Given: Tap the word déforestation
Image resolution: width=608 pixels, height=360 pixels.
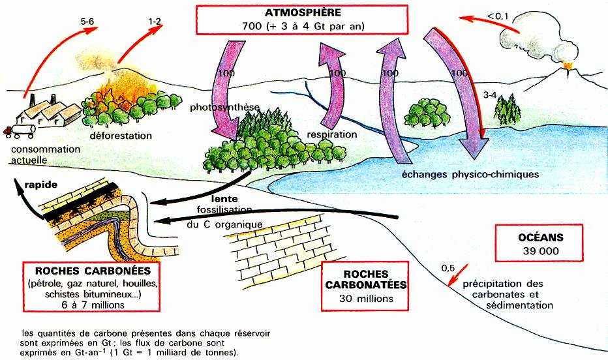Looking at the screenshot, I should coord(121,136).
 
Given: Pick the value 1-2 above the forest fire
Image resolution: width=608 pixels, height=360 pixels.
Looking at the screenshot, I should coord(155,22).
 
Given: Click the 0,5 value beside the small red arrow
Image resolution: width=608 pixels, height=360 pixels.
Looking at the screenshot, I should coord(448,268).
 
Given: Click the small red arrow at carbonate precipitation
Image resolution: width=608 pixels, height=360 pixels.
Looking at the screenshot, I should coord(457,274).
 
